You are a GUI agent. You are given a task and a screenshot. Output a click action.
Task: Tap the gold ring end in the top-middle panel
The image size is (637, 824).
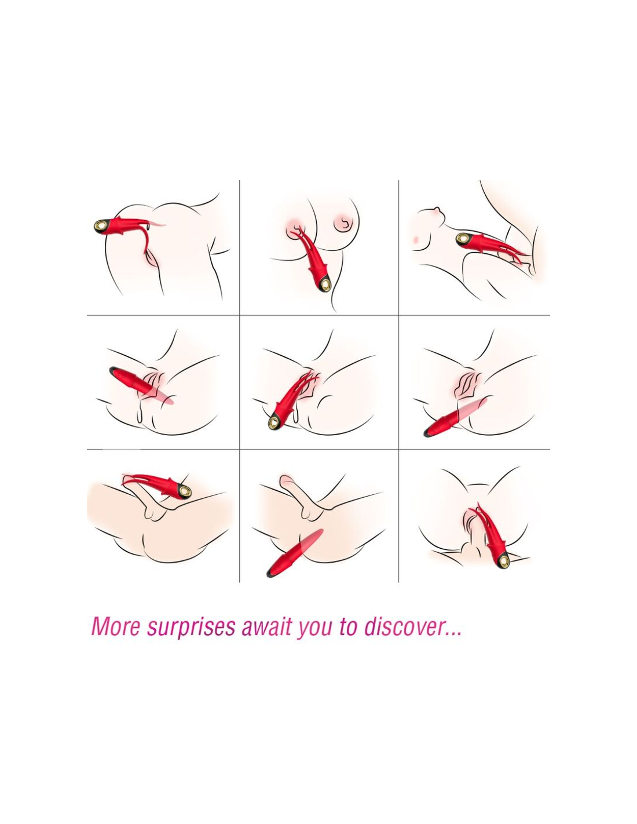[x=324, y=284]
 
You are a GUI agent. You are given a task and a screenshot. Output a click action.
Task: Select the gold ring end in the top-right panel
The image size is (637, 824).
[x=463, y=239]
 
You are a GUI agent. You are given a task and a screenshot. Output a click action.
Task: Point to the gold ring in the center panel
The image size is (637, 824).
[x=273, y=422]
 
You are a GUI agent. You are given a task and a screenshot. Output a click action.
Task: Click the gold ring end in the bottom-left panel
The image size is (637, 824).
[x=185, y=492]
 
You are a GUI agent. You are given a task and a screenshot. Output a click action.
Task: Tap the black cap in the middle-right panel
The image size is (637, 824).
[x=428, y=432]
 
